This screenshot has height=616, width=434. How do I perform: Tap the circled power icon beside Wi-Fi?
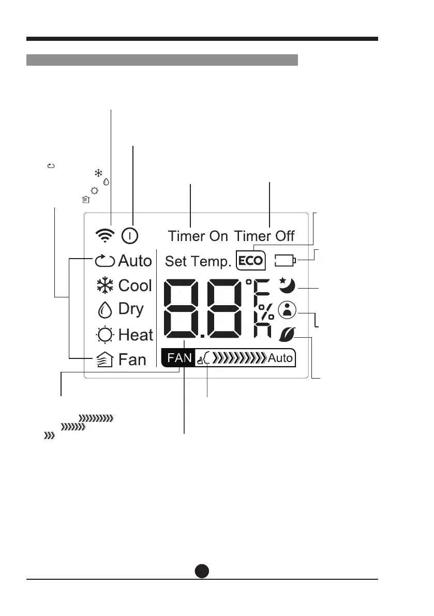130,236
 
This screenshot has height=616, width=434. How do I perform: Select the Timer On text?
198,236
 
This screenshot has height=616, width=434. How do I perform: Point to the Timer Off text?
264,236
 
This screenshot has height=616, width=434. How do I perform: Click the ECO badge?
250,261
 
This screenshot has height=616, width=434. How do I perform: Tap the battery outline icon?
286,260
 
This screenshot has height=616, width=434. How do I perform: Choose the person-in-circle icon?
286,310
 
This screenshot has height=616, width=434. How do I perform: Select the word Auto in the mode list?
135,261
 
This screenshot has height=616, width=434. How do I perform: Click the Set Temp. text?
198,262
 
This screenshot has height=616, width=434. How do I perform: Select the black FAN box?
179,357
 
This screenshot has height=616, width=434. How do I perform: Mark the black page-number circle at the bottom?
202,570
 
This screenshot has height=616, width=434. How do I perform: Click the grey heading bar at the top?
162,59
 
